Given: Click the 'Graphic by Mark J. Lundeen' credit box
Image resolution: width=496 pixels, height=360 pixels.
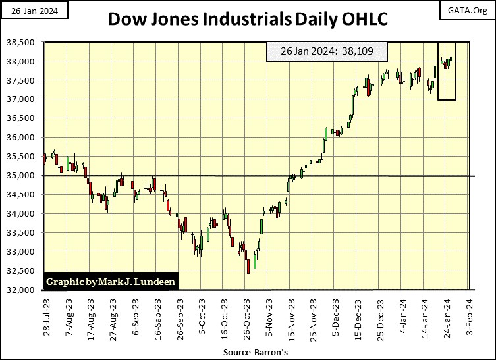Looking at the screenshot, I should pos(111,282).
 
